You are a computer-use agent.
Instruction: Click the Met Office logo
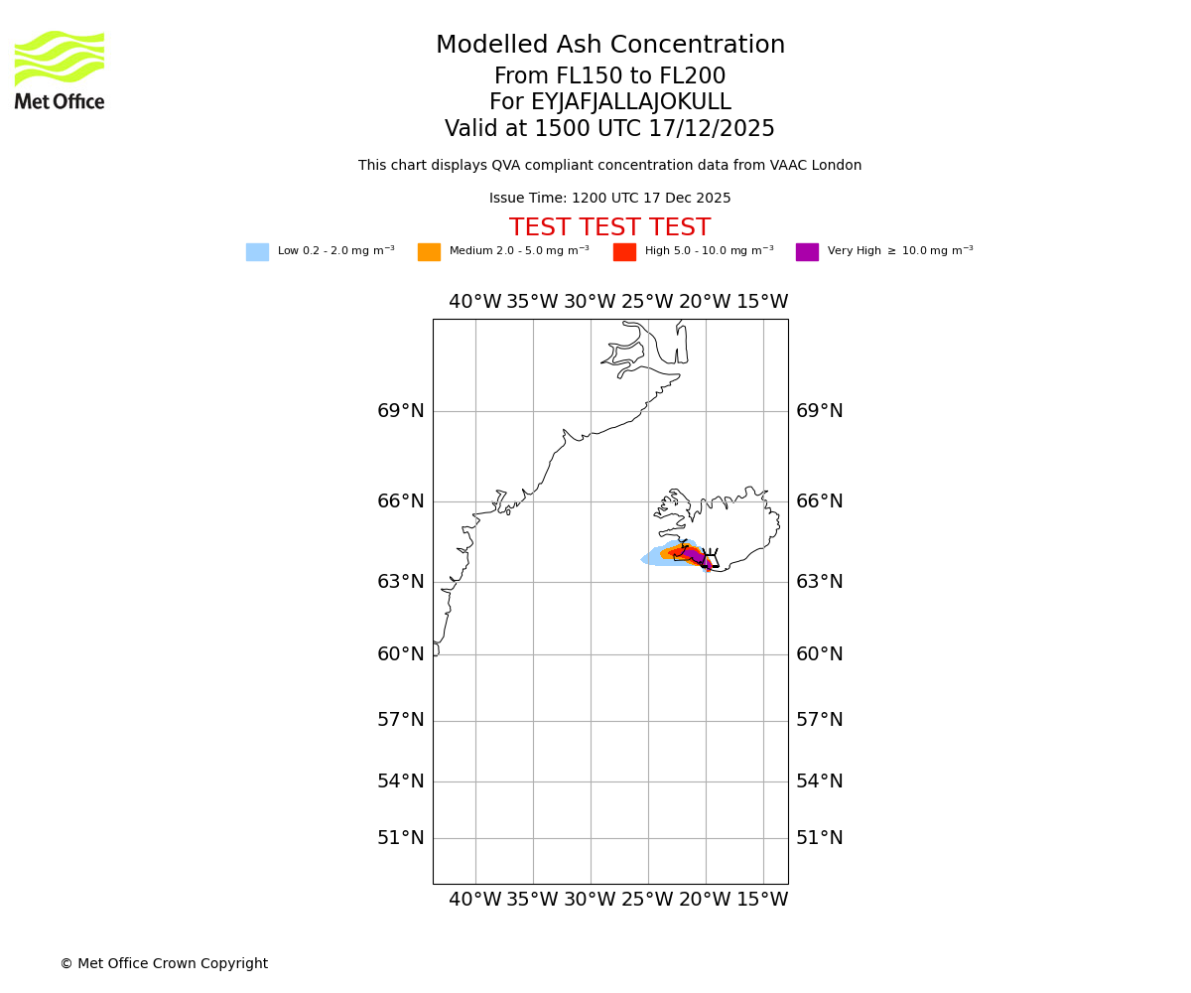[x=60, y=70]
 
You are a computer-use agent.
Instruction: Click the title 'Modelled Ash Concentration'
[x=609, y=46]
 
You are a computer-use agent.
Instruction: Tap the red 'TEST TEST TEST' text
[x=609, y=228]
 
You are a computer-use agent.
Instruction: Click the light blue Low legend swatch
[x=257, y=252]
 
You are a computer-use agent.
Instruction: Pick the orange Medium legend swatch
[x=429, y=252]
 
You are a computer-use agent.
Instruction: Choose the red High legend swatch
[x=624, y=252]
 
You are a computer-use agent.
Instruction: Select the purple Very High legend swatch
[x=807, y=252]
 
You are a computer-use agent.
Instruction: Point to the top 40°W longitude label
[x=475, y=302]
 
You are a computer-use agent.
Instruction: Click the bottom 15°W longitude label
[x=762, y=900]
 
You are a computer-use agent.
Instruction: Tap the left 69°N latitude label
[x=401, y=411]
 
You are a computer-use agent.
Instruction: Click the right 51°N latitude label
[x=820, y=838]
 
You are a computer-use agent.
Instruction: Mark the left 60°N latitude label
[x=401, y=654]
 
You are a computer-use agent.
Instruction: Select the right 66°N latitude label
[x=820, y=501]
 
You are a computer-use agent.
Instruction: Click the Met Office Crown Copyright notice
[x=164, y=964]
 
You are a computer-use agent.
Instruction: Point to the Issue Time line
[x=609, y=199]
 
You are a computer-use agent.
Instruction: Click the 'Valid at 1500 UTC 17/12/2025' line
[x=609, y=129]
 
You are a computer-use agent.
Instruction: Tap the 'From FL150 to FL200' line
[x=609, y=76]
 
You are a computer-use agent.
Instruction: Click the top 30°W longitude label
[x=591, y=302]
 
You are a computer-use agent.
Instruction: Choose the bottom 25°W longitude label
[x=647, y=900]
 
